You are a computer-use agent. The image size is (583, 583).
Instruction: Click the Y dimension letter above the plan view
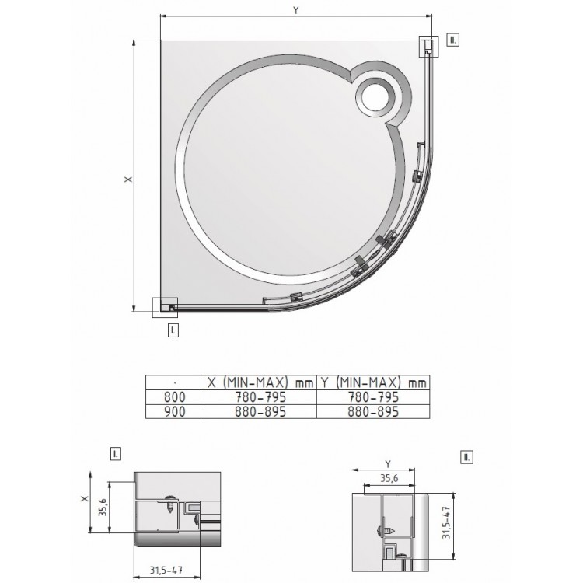pos(295,11)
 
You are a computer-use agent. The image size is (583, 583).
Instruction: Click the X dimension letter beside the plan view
pos(128,180)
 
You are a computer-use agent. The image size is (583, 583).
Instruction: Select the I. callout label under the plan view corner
pos(173,330)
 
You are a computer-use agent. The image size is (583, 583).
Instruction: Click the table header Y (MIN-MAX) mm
pos(373,382)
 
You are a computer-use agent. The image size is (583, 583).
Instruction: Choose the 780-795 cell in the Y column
pos(372,396)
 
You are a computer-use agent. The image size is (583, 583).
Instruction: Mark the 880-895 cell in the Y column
pos(372,411)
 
